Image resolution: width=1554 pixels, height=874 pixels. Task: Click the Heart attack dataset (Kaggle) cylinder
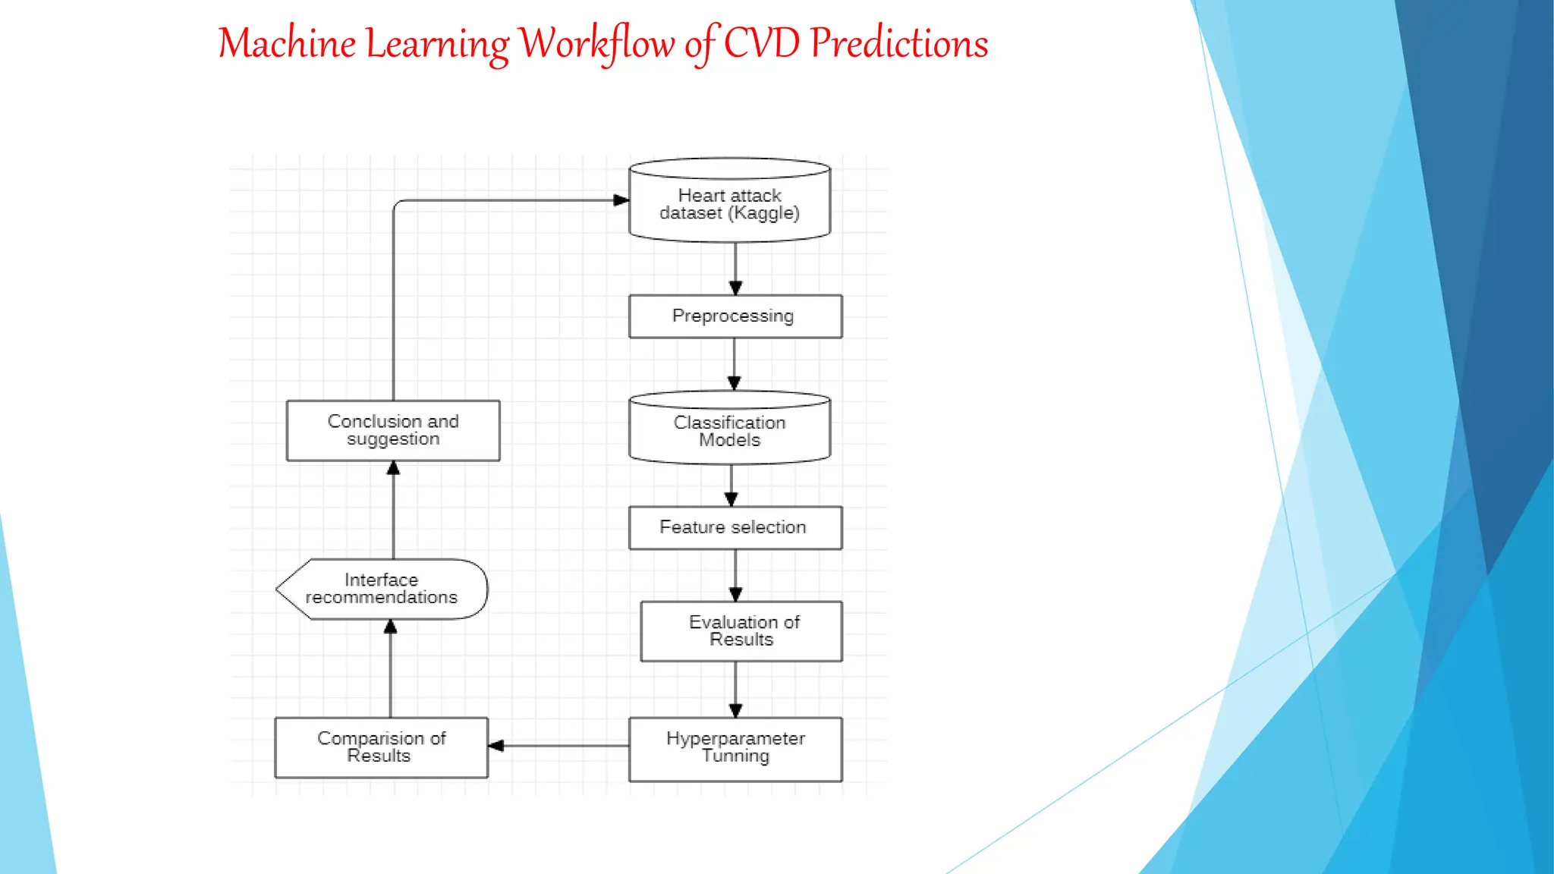click(x=729, y=203)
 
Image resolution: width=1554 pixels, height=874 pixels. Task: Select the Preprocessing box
click(x=735, y=316)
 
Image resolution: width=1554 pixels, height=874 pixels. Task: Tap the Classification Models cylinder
click(x=729, y=430)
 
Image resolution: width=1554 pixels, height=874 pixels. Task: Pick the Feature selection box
click(x=735, y=527)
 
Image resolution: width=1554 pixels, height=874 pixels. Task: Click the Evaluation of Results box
click(x=741, y=631)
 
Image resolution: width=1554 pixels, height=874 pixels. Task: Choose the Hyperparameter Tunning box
click(x=735, y=748)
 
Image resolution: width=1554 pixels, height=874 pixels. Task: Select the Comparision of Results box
click(x=381, y=747)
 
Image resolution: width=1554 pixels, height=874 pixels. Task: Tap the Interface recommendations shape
click(x=382, y=589)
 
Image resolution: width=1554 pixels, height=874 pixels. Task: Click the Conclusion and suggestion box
click(x=392, y=430)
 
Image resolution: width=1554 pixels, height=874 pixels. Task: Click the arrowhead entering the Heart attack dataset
click(x=621, y=200)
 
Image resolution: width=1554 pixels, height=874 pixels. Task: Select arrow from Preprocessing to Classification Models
click(x=734, y=364)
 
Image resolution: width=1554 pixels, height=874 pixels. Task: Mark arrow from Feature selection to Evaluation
click(x=735, y=575)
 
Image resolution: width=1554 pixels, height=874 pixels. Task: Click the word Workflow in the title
click(x=597, y=44)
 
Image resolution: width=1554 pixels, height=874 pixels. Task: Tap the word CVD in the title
click(x=761, y=44)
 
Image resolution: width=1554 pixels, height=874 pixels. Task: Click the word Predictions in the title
click(x=899, y=44)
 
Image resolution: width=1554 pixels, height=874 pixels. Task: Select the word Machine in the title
click(x=287, y=44)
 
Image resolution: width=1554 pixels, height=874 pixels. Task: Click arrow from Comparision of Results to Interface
click(x=391, y=668)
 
